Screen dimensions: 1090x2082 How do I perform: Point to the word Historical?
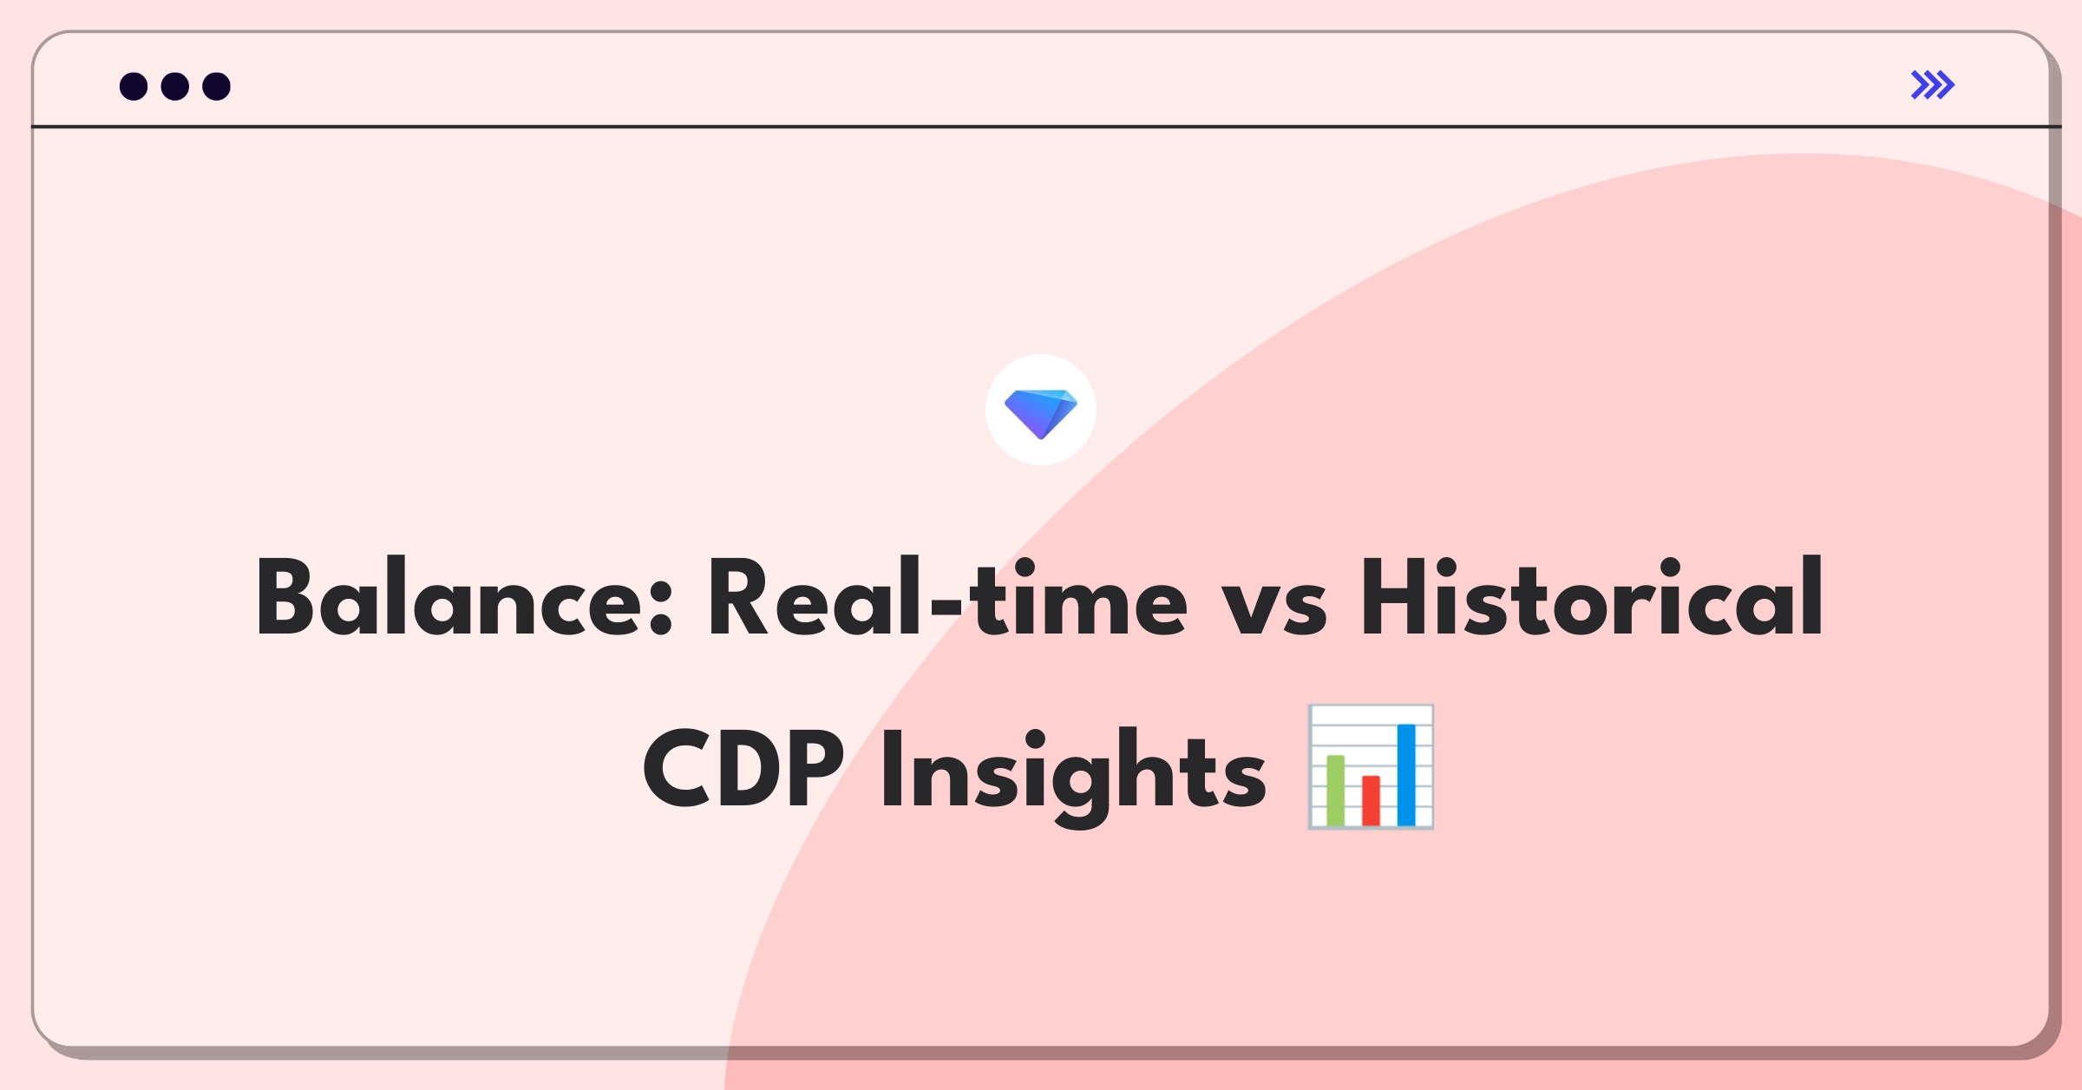1592,599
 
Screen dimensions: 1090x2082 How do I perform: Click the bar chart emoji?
1371,767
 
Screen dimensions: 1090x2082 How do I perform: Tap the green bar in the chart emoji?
1335,791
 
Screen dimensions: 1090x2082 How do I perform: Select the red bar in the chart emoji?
1371,800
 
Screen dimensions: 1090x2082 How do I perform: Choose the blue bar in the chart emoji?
1406,775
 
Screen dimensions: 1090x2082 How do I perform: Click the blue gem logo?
1041,411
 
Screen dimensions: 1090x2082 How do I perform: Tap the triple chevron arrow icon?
1933,85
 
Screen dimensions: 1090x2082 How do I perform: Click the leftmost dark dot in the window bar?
134,86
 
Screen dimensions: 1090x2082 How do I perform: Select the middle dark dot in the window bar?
175,86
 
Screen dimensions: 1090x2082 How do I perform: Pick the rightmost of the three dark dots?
216,86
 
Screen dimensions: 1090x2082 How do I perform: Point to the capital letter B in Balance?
285,599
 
